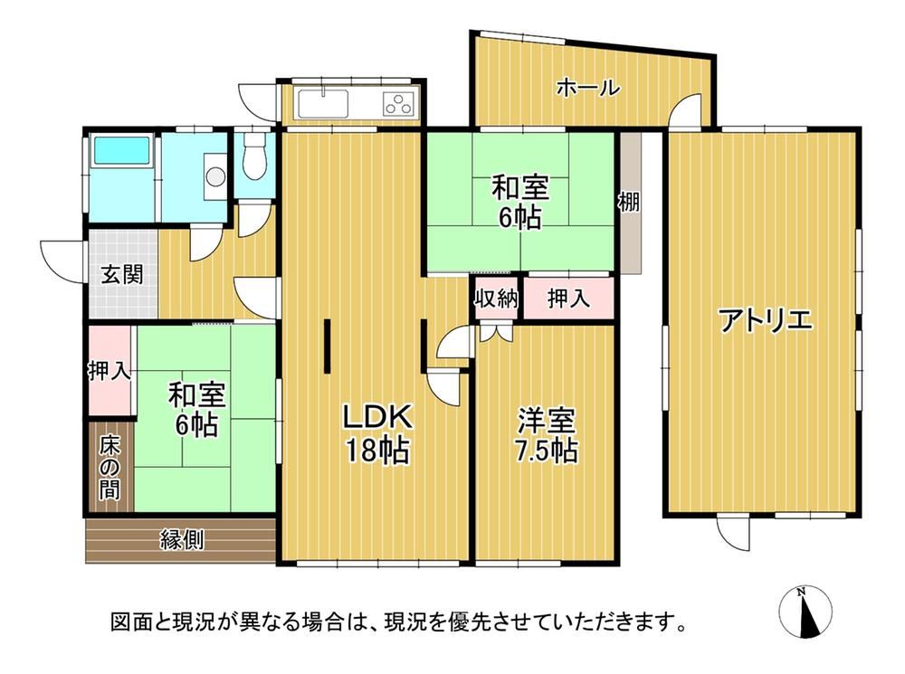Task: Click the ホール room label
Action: (x=588, y=89)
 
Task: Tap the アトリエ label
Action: (x=766, y=320)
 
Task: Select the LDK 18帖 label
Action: (x=377, y=432)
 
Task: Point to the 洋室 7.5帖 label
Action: (x=547, y=436)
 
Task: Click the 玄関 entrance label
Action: (x=122, y=274)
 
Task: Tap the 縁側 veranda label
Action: (x=182, y=540)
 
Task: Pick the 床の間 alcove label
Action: (x=110, y=468)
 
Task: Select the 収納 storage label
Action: (x=496, y=299)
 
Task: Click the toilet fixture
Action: (x=254, y=157)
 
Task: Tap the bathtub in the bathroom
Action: (x=122, y=150)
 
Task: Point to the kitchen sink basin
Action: (x=322, y=104)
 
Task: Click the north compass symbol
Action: (x=805, y=612)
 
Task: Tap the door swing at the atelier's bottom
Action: (x=732, y=534)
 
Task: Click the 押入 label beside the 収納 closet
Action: (x=568, y=299)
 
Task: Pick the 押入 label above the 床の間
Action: (x=110, y=371)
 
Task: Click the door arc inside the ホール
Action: (x=684, y=109)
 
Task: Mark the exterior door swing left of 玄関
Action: (x=62, y=261)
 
